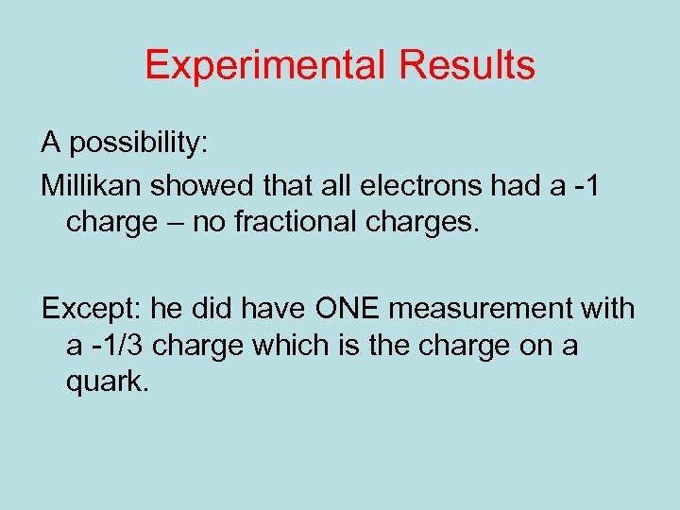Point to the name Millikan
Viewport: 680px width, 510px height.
[x=91, y=186]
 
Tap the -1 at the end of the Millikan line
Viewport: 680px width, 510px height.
[x=582, y=186]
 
